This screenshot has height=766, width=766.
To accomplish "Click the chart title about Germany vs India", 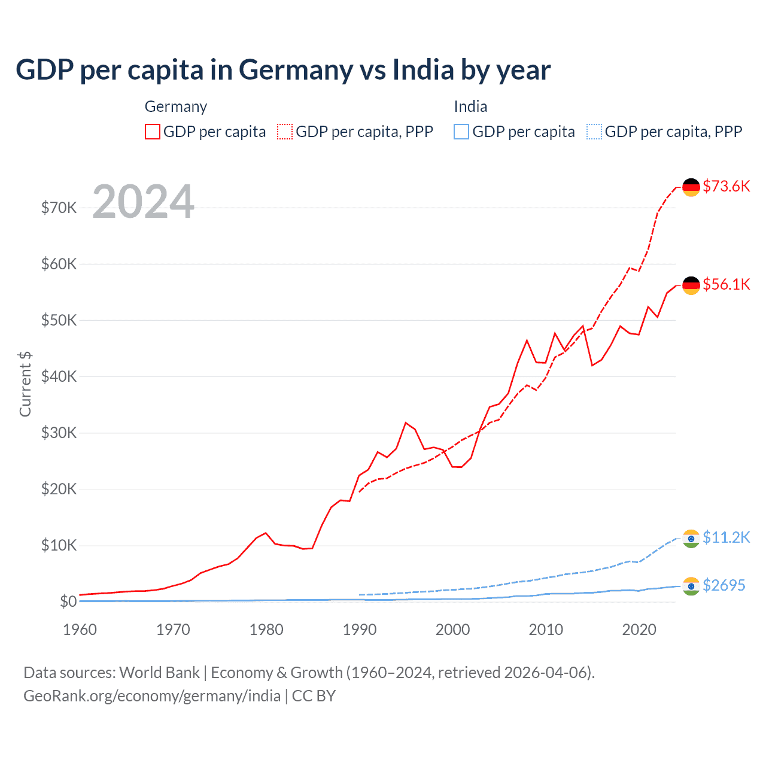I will [282, 70].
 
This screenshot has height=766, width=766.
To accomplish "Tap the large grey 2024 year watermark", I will [144, 202].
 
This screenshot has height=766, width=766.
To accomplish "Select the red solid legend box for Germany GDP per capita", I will [153, 132].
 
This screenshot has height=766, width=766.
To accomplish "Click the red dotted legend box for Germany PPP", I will [285, 132].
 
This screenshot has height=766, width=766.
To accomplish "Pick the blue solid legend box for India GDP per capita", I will [461, 132].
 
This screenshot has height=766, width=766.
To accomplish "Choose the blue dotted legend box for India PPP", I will [594, 132].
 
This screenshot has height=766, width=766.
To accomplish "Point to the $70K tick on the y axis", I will [59, 208].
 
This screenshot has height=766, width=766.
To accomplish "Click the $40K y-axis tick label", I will [59, 376].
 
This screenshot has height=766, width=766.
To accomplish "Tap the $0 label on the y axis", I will [68, 601].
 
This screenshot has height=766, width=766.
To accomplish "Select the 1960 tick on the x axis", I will [80, 630].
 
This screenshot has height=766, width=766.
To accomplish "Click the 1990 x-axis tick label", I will [360, 630].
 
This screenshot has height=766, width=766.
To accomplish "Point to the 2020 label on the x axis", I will [639, 630].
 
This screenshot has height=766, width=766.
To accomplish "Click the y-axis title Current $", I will [25, 384].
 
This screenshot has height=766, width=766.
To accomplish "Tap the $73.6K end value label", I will [726, 186].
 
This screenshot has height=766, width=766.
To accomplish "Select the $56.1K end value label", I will [726, 284].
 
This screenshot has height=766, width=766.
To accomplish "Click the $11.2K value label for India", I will [726, 537].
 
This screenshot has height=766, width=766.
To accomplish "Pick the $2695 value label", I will [724, 585].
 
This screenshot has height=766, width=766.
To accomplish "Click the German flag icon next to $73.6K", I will [691, 187].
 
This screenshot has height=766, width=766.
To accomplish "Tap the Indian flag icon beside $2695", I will [691, 586].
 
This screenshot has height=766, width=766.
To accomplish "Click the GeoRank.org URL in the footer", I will [152, 696].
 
